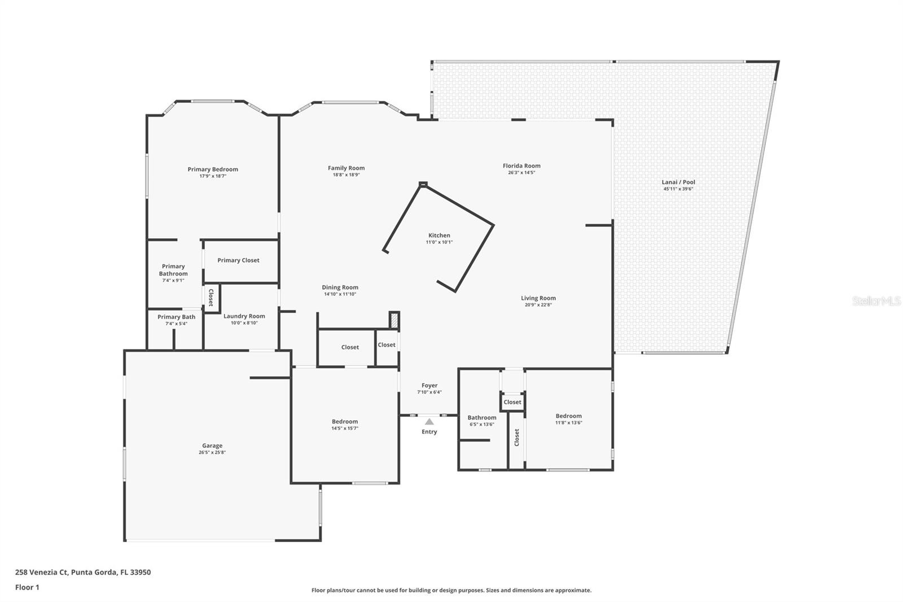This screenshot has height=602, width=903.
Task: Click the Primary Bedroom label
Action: click(213, 169)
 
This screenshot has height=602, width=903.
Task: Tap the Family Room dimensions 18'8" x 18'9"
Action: click(347, 175)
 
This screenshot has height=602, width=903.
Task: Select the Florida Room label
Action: click(521, 165)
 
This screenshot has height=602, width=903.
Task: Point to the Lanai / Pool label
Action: click(678, 182)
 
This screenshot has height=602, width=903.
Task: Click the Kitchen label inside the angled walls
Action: click(439, 235)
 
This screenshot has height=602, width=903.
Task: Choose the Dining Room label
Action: click(340, 287)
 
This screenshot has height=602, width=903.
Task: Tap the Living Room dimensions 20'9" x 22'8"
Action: click(538, 304)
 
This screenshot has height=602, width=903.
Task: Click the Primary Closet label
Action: click(238, 260)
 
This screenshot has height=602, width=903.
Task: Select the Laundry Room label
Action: click(244, 316)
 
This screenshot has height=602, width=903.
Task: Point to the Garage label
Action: click(212, 446)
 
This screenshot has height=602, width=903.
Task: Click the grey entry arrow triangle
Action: click(429, 422)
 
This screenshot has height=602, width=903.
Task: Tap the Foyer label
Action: click(429, 385)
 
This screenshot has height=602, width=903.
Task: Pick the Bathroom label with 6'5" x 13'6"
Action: click(482, 417)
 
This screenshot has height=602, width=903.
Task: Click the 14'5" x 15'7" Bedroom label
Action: click(345, 421)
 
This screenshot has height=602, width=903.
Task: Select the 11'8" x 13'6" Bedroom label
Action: click(568, 416)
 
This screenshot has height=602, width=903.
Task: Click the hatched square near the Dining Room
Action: click(394, 320)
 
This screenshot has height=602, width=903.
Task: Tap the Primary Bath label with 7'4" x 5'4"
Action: click(176, 317)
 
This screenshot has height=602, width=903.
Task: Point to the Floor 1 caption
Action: click(27, 587)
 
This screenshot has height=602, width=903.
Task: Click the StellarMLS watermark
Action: click(876, 300)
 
